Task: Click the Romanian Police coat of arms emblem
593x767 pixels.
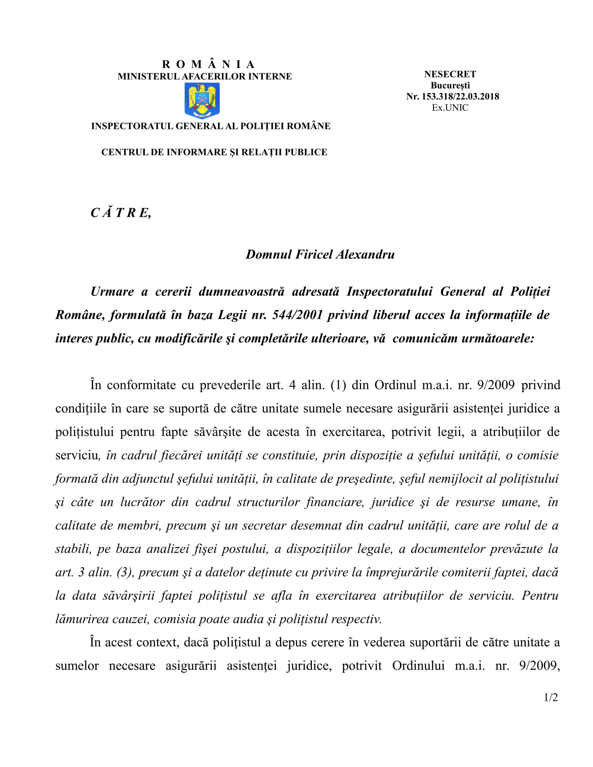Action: (x=202, y=100)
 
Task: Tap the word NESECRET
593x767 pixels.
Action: (x=450, y=75)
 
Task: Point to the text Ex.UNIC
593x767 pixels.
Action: (x=450, y=108)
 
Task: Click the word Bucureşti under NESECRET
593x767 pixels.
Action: (x=450, y=86)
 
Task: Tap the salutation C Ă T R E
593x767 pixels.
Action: (x=120, y=213)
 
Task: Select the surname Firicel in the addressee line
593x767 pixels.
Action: (x=314, y=254)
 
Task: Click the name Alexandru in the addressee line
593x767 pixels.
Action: (x=365, y=254)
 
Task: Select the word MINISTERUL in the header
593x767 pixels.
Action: (x=148, y=77)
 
